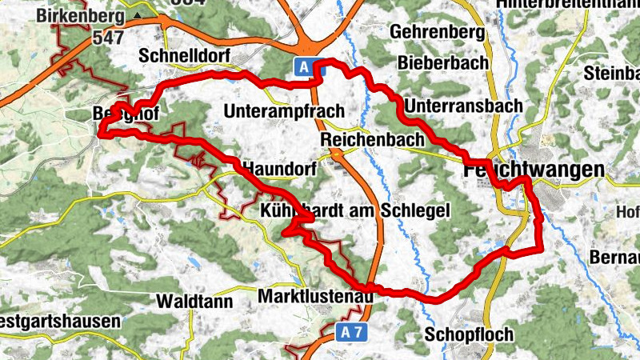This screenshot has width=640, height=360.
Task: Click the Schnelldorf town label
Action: (x=184, y=56)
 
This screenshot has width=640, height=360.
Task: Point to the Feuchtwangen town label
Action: (x=534, y=170)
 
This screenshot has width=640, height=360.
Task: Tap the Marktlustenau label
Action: (x=317, y=298)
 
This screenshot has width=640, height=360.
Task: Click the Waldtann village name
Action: (x=194, y=302)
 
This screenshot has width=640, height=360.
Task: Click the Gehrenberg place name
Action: (x=439, y=33)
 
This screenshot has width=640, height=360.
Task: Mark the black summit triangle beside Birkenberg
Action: (x=139, y=15)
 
